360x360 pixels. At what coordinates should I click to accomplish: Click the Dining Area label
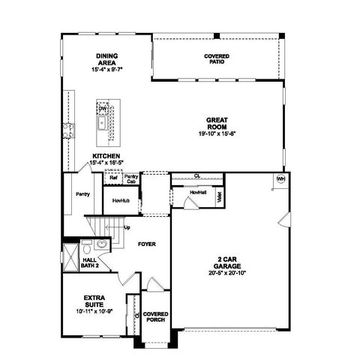107,59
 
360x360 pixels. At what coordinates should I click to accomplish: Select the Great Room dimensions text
217,133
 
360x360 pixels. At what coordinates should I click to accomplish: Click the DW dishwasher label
102,109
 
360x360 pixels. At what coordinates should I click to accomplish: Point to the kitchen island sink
102,122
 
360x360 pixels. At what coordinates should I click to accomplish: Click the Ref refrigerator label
113,178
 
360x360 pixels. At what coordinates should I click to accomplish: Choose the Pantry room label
82,193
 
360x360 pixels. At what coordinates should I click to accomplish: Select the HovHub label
121,201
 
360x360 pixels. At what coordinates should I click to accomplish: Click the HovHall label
198,192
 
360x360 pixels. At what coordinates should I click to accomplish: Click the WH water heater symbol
281,179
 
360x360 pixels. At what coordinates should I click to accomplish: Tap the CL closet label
196,176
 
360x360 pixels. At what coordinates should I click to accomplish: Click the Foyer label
146,244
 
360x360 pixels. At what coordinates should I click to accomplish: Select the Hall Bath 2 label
91,261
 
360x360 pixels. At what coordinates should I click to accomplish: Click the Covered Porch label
155,316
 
